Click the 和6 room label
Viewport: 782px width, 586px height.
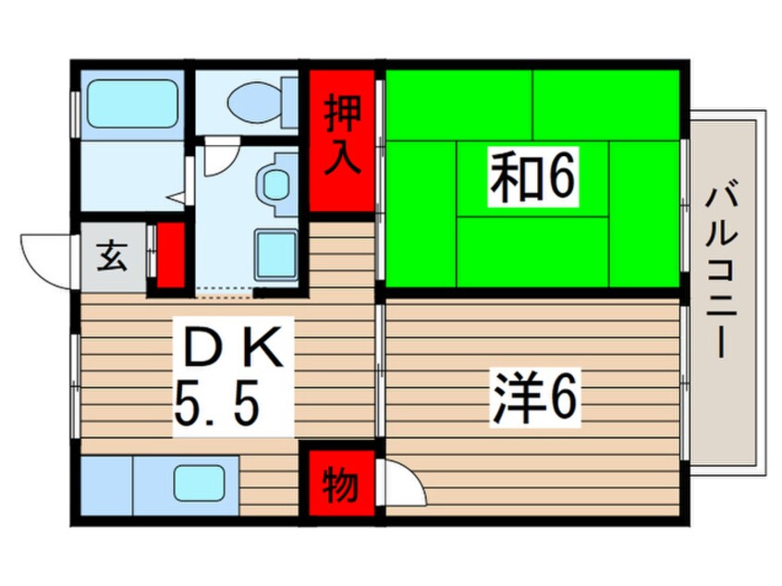click(532, 177)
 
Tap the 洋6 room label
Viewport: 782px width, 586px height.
click(534, 397)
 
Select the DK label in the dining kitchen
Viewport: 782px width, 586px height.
click(233, 347)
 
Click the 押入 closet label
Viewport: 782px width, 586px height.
click(343, 135)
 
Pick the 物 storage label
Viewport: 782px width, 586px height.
click(341, 483)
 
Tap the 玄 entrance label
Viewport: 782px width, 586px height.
click(111, 256)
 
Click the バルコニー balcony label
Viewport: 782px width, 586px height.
click(722, 271)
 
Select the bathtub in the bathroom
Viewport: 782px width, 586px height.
click(132, 104)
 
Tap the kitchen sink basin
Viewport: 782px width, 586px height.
click(199, 482)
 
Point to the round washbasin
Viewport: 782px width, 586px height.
click(274, 183)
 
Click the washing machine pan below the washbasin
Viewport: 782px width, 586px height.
click(276, 255)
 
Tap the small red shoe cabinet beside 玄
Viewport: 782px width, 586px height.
click(171, 255)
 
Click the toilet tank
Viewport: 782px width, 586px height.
click(289, 103)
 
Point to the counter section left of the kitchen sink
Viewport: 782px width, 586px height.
click(106, 486)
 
